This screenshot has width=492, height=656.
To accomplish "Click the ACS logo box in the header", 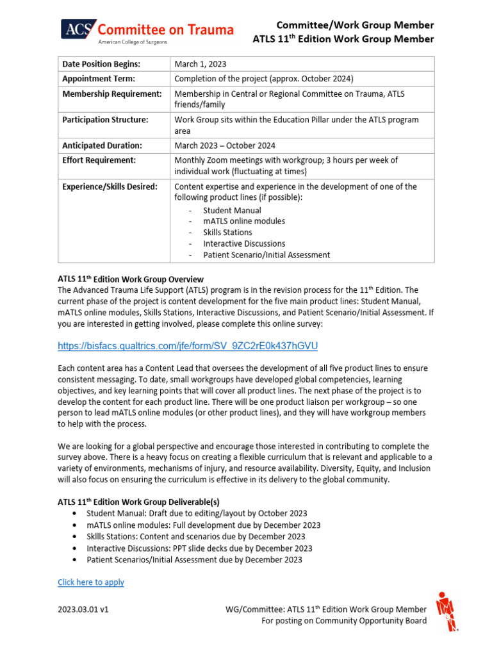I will pos(79,29).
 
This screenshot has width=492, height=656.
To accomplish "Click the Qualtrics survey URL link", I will pos(187,346).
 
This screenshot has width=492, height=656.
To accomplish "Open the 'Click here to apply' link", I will pos(91,582).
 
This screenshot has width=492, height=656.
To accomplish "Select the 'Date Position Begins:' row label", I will pos(101,64).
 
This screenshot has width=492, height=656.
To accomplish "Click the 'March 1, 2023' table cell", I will pos(201,64).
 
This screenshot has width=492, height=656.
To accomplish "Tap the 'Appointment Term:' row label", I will pos(99,79).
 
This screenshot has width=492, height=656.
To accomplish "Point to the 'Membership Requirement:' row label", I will pos(111,94).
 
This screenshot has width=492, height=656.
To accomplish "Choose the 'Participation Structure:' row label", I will pos(105,120).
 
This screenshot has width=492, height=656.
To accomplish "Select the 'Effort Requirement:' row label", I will pos(99,160).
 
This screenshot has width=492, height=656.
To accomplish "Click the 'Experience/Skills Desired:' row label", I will pos(110,186).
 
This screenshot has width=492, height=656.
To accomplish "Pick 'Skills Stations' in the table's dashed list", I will pos(227,233).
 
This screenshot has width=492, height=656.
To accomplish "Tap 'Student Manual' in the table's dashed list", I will pos(232,210).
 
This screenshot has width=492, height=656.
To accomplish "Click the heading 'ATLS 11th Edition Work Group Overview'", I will pos(131,279).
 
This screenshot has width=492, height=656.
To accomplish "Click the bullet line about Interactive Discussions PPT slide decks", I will pos(199,548).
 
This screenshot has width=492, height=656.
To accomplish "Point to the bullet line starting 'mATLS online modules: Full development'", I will pos(203,525).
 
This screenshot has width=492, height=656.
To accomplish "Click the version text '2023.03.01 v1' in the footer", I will pos(83,610).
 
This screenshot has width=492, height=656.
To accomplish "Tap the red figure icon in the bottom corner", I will pos(447,611).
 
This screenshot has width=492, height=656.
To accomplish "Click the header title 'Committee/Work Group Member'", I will pos(355,25).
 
